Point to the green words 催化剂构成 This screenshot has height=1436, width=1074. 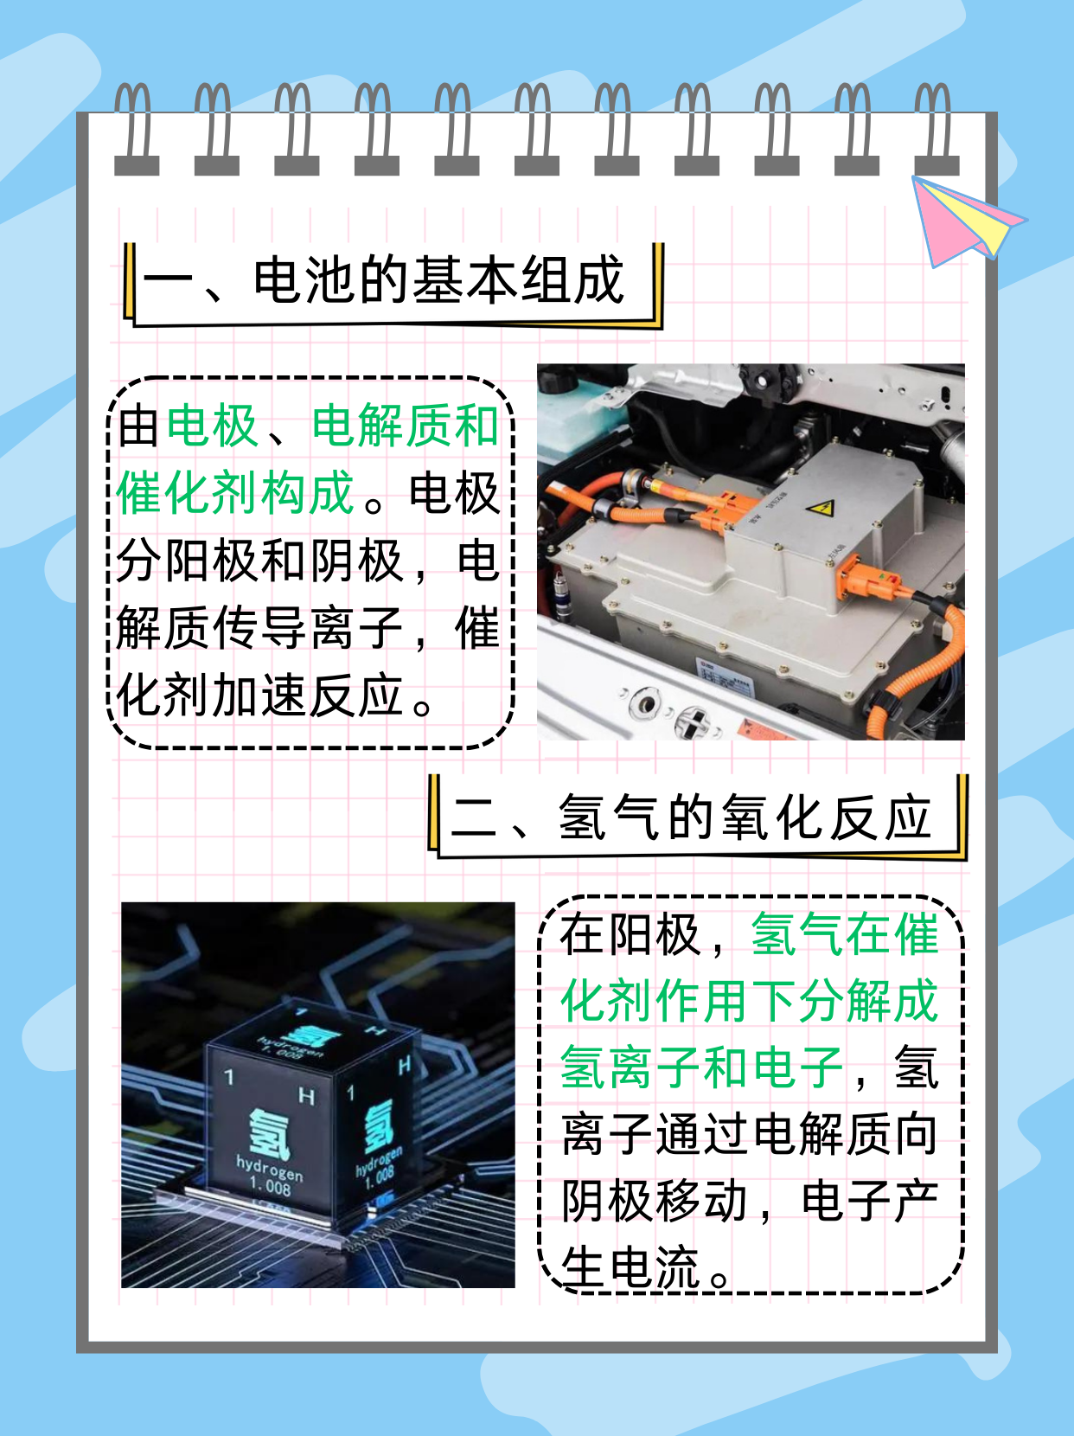[x=235, y=493]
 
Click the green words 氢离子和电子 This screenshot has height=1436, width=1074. [x=701, y=1067]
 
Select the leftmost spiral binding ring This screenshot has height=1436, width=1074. [x=136, y=130]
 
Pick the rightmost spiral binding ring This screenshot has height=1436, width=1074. [x=937, y=130]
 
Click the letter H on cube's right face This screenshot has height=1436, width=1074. [x=404, y=1067]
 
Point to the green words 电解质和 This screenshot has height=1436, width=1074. [x=405, y=426]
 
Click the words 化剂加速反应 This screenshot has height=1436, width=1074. [x=259, y=696]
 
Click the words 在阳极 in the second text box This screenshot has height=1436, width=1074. [x=629, y=935]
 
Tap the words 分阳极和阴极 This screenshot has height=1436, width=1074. [x=259, y=561]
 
